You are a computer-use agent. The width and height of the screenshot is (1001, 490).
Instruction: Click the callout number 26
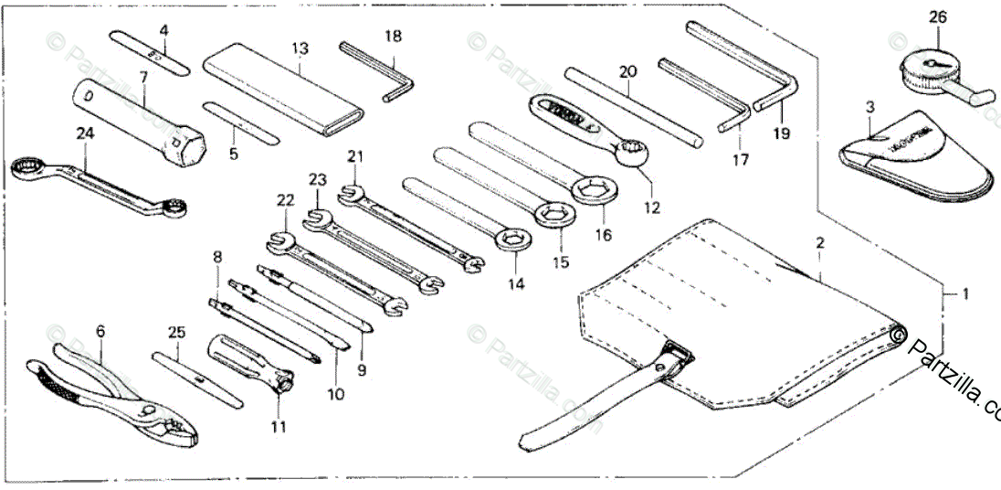point(939,16)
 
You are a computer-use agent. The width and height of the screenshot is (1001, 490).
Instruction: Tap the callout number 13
point(300,47)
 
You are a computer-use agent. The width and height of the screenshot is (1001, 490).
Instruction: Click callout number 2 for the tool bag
point(819,243)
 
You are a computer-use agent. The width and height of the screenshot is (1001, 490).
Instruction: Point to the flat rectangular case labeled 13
point(284,94)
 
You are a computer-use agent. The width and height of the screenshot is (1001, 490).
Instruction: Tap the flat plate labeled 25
point(196,378)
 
